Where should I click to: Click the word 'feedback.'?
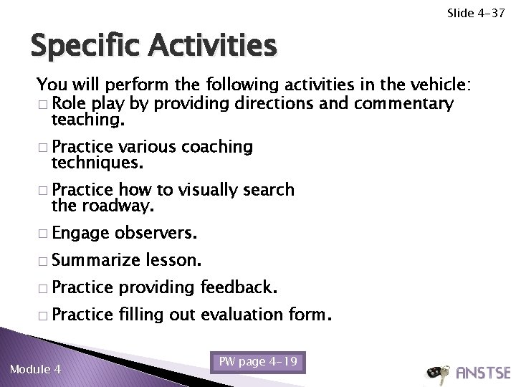(238, 288)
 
